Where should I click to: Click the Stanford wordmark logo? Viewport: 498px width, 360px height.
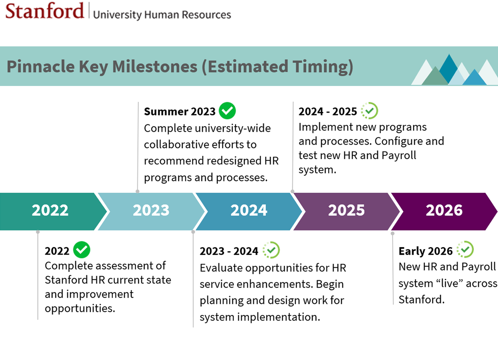pyautogui.click(x=44, y=11)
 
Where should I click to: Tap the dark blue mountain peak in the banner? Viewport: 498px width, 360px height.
pyautogui.click(x=448, y=66)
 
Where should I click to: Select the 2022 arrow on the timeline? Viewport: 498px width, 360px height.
pyautogui.click(x=50, y=211)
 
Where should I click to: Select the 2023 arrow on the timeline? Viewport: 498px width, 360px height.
pyautogui.click(x=151, y=211)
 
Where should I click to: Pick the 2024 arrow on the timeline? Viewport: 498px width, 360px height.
pyautogui.click(x=249, y=211)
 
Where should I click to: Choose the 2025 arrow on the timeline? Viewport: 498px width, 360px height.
pyautogui.click(x=346, y=211)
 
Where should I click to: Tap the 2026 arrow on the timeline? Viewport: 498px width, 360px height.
pyautogui.click(x=444, y=211)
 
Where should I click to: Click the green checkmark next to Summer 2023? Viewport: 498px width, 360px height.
pyautogui.click(x=227, y=111)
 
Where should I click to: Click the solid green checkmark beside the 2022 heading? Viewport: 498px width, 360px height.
pyautogui.click(x=81, y=250)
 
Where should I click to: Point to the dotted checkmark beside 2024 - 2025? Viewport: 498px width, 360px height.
pyautogui.click(x=369, y=111)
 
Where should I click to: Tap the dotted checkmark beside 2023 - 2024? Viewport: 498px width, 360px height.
pyautogui.click(x=271, y=250)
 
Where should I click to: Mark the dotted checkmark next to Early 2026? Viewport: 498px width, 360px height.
pyautogui.click(x=465, y=250)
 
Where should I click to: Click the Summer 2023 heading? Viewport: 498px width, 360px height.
pyautogui.click(x=180, y=111)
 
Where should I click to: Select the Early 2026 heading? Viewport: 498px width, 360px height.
pyautogui.click(x=425, y=251)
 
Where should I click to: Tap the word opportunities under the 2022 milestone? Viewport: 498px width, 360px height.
pyautogui.click(x=79, y=308)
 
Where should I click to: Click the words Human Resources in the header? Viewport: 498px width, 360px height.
pyautogui.click(x=188, y=15)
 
